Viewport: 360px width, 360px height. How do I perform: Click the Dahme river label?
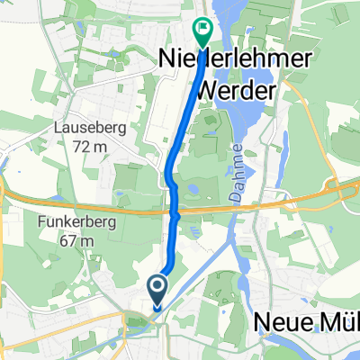point(238,162)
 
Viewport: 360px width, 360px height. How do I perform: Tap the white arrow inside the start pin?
point(157,288)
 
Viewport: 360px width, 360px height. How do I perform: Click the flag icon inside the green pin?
point(202,28)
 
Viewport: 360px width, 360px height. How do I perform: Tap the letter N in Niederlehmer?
point(166,58)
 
